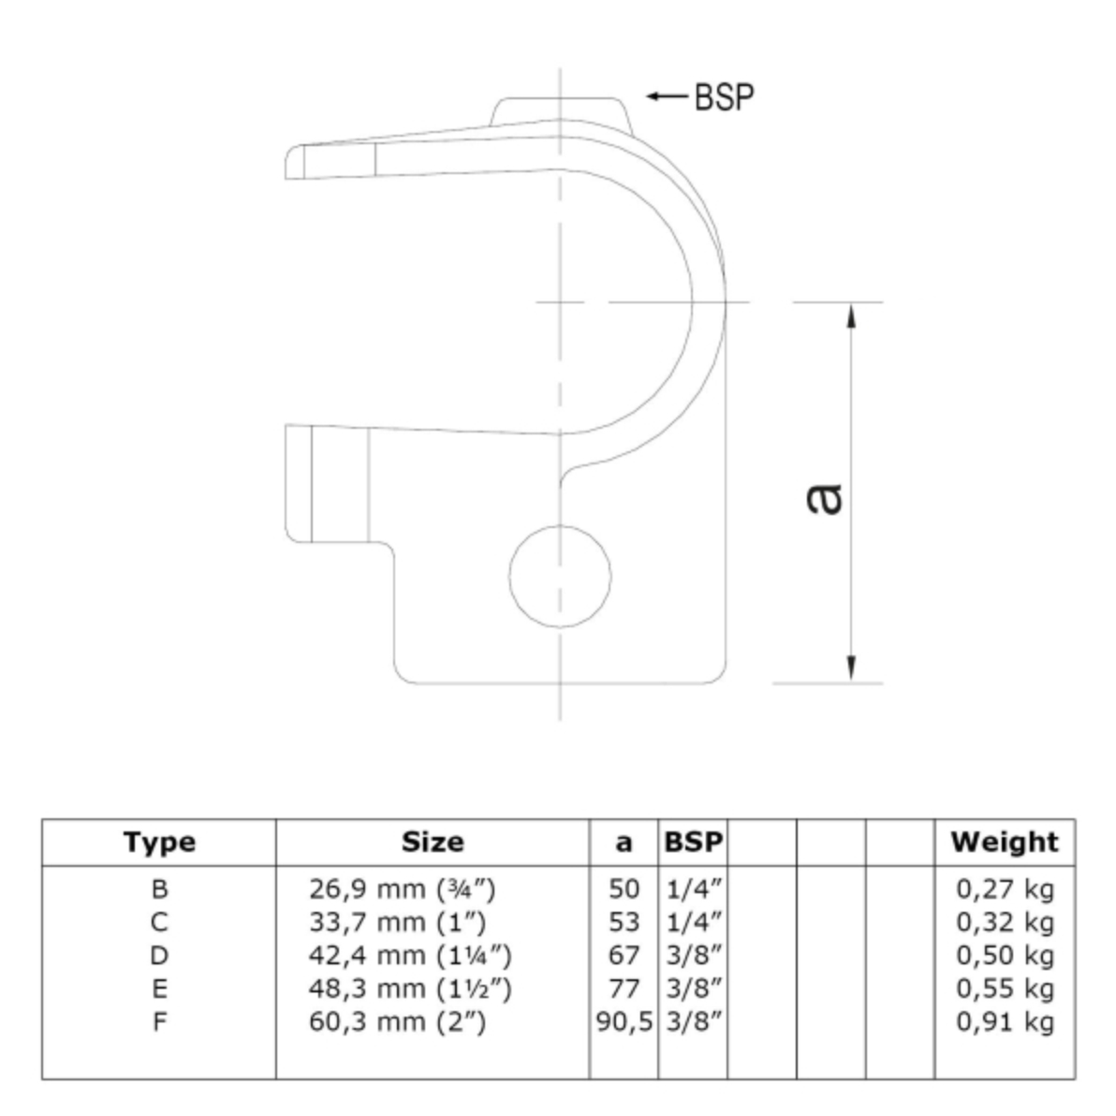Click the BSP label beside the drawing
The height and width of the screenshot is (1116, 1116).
(724, 97)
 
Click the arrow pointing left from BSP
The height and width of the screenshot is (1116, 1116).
(667, 96)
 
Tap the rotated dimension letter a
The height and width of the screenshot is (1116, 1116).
(825, 498)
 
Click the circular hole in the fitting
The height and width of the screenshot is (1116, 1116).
(560, 577)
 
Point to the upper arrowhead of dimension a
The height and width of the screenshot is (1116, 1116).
(851, 316)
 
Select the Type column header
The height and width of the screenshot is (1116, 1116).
(159, 842)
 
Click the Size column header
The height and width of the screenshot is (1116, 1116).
(433, 842)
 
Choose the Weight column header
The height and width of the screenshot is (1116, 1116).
(1005, 842)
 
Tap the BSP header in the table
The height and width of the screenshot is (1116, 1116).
(693, 842)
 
